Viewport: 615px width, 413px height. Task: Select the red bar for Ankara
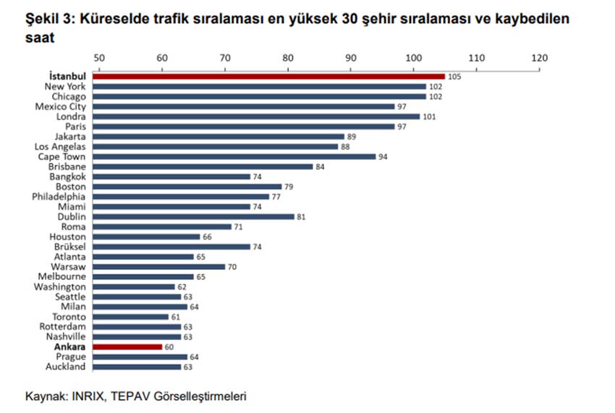pyautogui.click(x=127, y=347)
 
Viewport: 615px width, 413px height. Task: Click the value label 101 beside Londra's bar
pyautogui.click(x=430, y=116)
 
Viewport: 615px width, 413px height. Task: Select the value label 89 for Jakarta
pyautogui.click(x=352, y=136)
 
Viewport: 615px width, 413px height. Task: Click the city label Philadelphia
pyautogui.click(x=59, y=196)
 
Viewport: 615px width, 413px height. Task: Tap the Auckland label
pyautogui.click(x=67, y=367)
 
